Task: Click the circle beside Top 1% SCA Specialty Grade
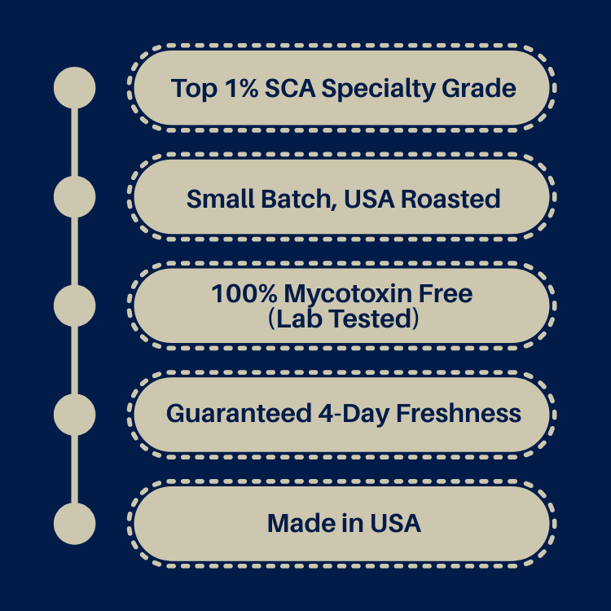74,88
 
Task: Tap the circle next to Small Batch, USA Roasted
74,197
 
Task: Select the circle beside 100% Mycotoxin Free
74,305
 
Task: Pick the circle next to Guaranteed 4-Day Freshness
74,415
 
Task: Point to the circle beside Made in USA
74,524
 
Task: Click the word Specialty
378,90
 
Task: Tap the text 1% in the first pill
242,88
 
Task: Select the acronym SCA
290,88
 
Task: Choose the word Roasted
451,199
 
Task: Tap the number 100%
244,293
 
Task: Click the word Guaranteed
239,413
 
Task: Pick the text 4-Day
354,414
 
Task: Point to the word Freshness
459,413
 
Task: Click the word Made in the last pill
301,523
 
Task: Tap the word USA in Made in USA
395,523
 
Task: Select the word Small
221,199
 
